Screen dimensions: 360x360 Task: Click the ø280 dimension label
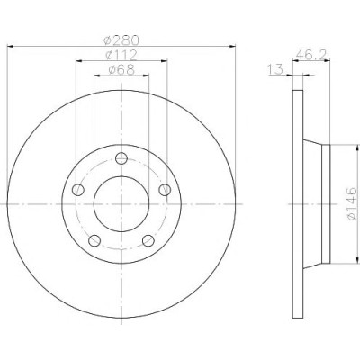[x=121, y=40]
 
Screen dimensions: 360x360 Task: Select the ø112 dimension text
[x=121, y=55]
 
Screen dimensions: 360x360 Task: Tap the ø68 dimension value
[x=121, y=70]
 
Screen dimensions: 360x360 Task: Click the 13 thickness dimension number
[x=275, y=69]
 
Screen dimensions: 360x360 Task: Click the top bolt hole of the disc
[x=121, y=158]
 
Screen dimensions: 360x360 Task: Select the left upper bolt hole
[x=78, y=190]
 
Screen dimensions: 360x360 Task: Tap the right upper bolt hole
[x=165, y=190]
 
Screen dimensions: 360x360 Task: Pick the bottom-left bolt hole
[x=94, y=240]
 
